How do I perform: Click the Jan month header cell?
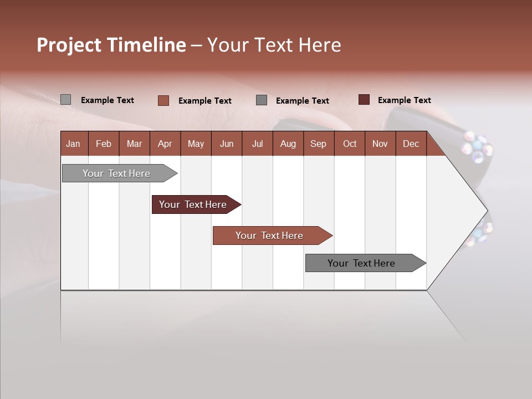[x=73, y=144]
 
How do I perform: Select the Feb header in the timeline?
[x=104, y=144]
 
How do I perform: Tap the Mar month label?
[x=134, y=144]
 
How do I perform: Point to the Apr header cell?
[x=165, y=144]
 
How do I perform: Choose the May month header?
[x=196, y=144]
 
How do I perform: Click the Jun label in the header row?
[x=227, y=144]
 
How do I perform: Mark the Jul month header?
[x=257, y=144]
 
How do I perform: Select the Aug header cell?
[x=288, y=144]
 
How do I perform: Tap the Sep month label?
[x=319, y=144]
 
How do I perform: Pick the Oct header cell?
[x=350, y=144]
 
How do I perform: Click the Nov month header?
[x=380, y=144]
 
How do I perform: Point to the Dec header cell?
[x=411, y=144]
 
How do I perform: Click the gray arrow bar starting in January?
[x=117, y=173]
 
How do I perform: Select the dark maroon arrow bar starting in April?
[x=193, y=204]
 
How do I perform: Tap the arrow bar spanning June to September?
[x=270, y=236]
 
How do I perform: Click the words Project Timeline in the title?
[x=111, y=45]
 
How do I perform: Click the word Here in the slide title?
[x=320, y=45]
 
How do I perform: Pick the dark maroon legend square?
[x=364, y=100]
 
